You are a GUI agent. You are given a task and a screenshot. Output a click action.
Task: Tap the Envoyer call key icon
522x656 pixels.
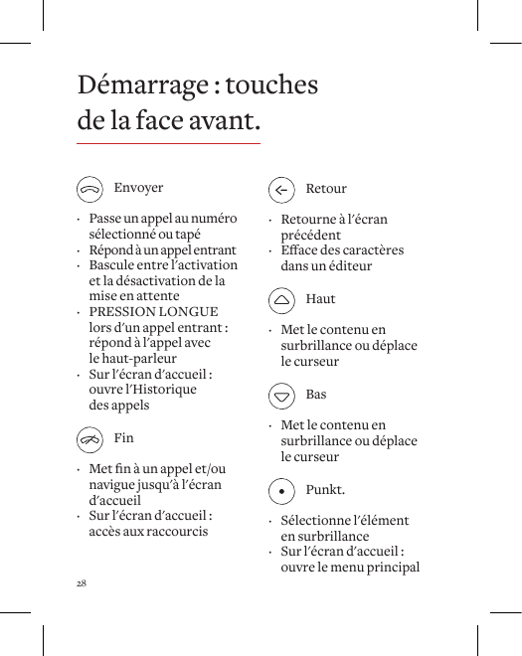(x=90, y=188)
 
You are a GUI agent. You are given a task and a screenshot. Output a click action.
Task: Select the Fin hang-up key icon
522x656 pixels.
(x=90, y=438)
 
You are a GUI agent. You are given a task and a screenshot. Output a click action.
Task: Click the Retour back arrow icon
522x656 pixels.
(x=282, y=189)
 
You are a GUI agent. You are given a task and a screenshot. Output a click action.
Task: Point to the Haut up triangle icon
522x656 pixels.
(x=282, y=299)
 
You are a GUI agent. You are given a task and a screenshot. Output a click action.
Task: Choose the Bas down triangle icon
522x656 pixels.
(x=282, y=395)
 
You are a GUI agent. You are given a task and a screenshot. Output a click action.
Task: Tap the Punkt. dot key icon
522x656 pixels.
(x=282, y=490)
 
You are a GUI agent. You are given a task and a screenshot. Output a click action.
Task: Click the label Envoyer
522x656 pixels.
(x=138, y=188)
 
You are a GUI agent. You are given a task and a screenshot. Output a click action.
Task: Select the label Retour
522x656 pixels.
(x=326, y=189)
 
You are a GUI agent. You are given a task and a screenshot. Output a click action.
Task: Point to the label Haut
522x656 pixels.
(x=320, y=299)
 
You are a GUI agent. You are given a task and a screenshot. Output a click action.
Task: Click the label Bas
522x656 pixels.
(x=316, y=395)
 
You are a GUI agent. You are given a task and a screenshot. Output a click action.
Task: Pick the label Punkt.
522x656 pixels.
(x=325, y=490)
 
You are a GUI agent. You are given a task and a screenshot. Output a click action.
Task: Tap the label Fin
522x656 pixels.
(x=123, y=438)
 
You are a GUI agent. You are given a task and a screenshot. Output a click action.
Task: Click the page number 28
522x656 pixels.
(x=82, y=582)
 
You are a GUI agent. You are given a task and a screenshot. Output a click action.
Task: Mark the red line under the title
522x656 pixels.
(x=168, y=144)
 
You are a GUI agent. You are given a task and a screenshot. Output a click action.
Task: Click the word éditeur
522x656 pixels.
(x=348, y=266)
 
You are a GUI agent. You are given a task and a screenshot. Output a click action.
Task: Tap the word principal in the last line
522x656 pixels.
(x=391, y=568)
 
